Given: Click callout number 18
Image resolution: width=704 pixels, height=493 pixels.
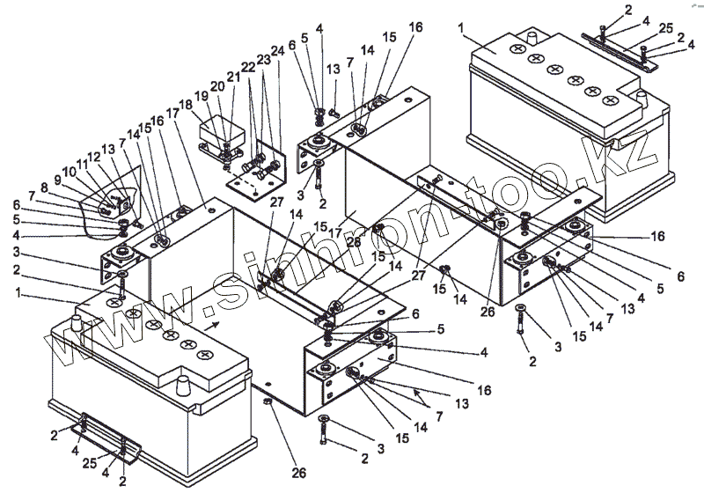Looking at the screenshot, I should pos(186,105).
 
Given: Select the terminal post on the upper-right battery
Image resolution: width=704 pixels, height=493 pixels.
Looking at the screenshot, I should pos(532,40).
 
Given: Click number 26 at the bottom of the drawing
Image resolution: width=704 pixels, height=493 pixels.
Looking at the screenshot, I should pos(299,473).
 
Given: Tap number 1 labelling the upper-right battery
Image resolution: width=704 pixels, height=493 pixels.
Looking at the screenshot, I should pos(460,28).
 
